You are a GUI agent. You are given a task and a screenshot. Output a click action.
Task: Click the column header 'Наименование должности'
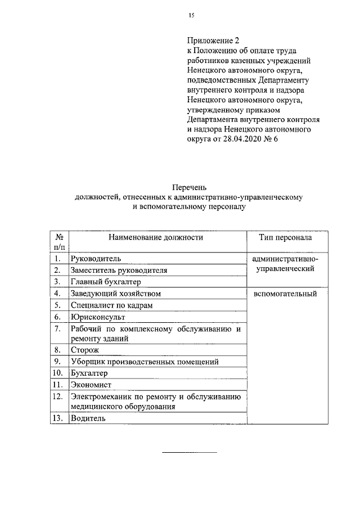tap(156, 237)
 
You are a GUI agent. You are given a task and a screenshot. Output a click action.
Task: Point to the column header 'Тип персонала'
tap(285, 237)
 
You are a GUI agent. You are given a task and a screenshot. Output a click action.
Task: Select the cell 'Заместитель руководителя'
tap(119, 270)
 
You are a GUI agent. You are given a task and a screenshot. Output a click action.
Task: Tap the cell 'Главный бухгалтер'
tap(105, 282)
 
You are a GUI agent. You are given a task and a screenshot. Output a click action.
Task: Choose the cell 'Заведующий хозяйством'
tap(116, 294)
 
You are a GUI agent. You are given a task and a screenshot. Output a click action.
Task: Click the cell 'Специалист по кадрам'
tap(111, 305)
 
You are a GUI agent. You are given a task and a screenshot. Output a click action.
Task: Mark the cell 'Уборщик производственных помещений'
tap(144, 362)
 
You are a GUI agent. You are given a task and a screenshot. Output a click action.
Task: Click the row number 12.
tap(57, 397)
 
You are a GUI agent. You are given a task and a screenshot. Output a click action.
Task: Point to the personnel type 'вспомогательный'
tap(285, 294)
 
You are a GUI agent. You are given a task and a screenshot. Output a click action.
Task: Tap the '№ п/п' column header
tap(58, 242)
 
